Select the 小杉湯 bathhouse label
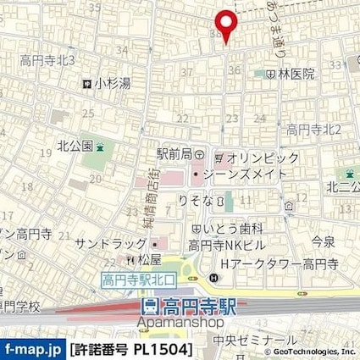click(111, 84)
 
